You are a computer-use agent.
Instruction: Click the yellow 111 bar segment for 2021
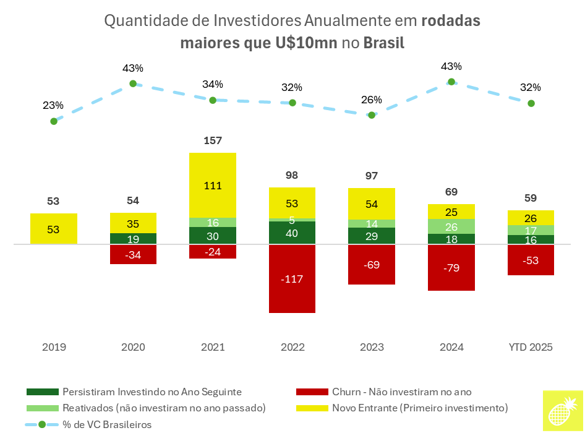[x=213, y=185]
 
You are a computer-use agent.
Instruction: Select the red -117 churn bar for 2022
[x=292, y=278]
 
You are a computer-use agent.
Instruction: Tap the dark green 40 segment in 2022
[x=292, y=233]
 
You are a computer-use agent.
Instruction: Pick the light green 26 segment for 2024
[x=451, y=226]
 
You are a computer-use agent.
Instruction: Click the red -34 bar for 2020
[x=133, y=254]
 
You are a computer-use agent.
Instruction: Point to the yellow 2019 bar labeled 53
[x=54, y=229]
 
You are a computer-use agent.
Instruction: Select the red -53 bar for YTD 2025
[x=531, y=260]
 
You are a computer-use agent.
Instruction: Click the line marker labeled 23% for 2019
[x=54, y=121]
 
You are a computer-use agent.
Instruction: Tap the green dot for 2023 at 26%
[x=372, y=114]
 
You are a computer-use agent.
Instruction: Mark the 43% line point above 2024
[x=451, y=82]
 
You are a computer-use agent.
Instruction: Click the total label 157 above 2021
[x=213, y=141]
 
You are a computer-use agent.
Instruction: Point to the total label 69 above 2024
[x=451, y=192]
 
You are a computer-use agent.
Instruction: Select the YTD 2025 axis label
[x=531, y=347]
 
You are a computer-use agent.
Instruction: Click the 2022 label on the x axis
[x=292, y=347]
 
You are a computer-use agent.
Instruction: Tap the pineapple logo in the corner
[x=563, y=411]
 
